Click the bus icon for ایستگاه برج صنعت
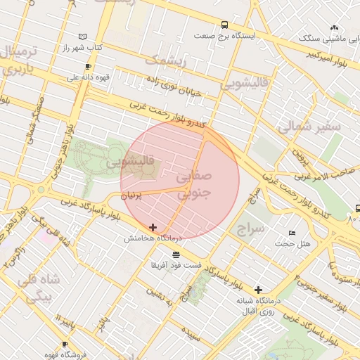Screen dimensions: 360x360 [x=224, y=25]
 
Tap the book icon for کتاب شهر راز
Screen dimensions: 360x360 [x=83, y=36]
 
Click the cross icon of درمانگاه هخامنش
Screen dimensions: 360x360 [x=153, y=227]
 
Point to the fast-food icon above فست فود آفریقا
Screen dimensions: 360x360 [x=175, y=254]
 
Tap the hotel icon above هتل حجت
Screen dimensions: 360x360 [x=292, y=233]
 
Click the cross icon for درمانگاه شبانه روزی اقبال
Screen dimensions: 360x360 [x=258, y=290]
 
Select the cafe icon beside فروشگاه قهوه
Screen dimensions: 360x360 [x=65, y=345]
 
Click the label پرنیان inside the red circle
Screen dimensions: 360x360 [x=131, y=197]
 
